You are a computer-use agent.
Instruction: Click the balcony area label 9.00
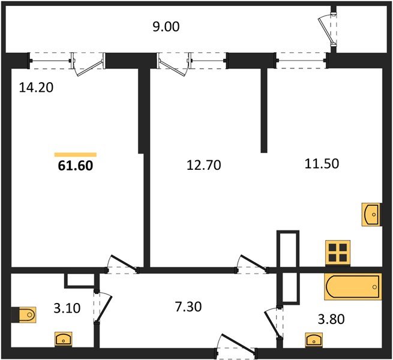pyautogui.click(x=166, y=26)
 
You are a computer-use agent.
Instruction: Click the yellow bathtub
pyautogui.click(x=352, y=287)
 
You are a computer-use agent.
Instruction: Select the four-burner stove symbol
pyautogui.click(x=337, y=251)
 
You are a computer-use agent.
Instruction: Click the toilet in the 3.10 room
pyautogui.click(x=25, y=314)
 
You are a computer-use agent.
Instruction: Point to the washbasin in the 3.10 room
pyautogui.click(x=64, y=339)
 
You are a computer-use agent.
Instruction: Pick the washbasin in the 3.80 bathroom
pyautogui.click(x=313, y=340)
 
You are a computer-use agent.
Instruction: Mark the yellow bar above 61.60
pyautogui.click(x=75, y=154)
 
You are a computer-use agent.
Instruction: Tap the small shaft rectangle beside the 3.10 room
pyautogui.click(x=80, y=280)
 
